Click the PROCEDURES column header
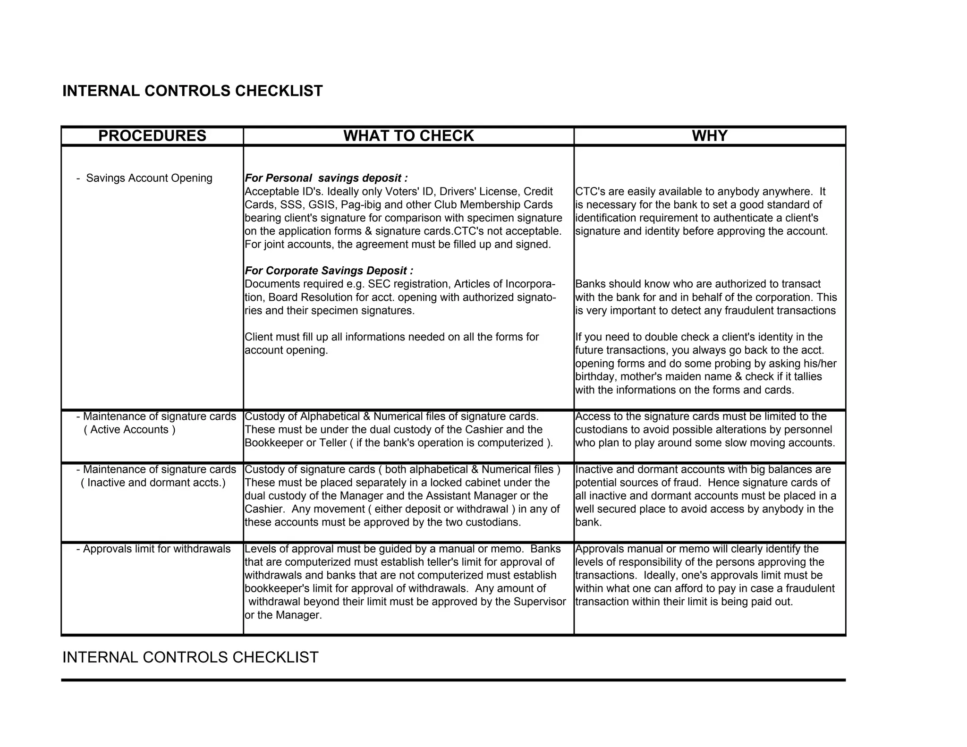click(x=152, y=136)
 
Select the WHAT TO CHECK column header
click(x=408, y=136)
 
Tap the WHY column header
click(x=710, y=136)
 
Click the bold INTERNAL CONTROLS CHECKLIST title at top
click(x=193, y=91)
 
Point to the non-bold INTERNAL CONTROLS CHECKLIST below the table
click(x=190, y=657)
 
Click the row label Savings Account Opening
click(x=149, y=178)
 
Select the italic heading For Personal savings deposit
click(x=326, y=178)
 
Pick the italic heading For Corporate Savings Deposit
click(x=329, y=271)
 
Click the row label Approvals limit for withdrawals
click(x=156, y=549)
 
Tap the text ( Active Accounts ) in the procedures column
click(x=129, y=430)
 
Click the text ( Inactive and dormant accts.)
click(x=153, y=483)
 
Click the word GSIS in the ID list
click(x=322, y=204)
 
